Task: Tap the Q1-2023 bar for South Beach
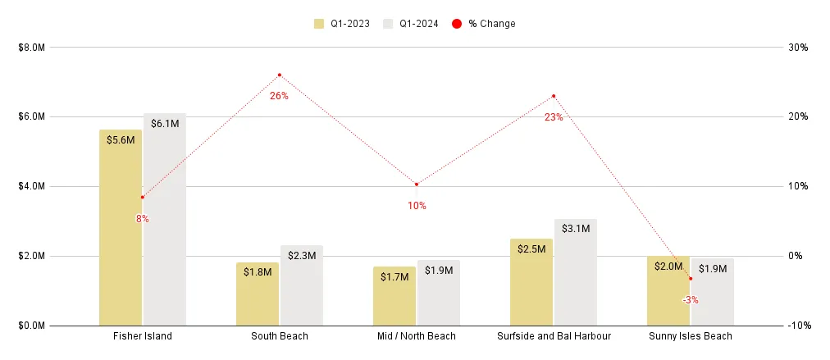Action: pyautogui.click(x=258, y=295)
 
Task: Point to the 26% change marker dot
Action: pyautogui.click(x=280, y=75)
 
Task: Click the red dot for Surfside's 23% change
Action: pyautogui.click(x=554, y=96)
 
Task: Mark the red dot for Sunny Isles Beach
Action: pyautogui.click(x=691, y=279)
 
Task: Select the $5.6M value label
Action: pyautogui.click(x=121, y=139)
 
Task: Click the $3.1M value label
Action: pyautogui.click(x=576, y=229)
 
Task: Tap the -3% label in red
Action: pyautogui.click(x=691, y=300)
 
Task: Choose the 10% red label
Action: pyautogui.click(x=417, y=206)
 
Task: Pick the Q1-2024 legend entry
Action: pyautogui.click(x=413, y=24)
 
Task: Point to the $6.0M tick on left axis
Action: pyautogui.click(x=31, y=116)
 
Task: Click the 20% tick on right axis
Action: pyautogui.click(x=799, y=116)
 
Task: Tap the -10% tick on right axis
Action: pyautogui.click(x=799, y=326)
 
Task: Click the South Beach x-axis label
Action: pyautogui.click(x=280, y=336)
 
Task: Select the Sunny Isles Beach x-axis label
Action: pyautogui.click(x=691, y=336)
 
